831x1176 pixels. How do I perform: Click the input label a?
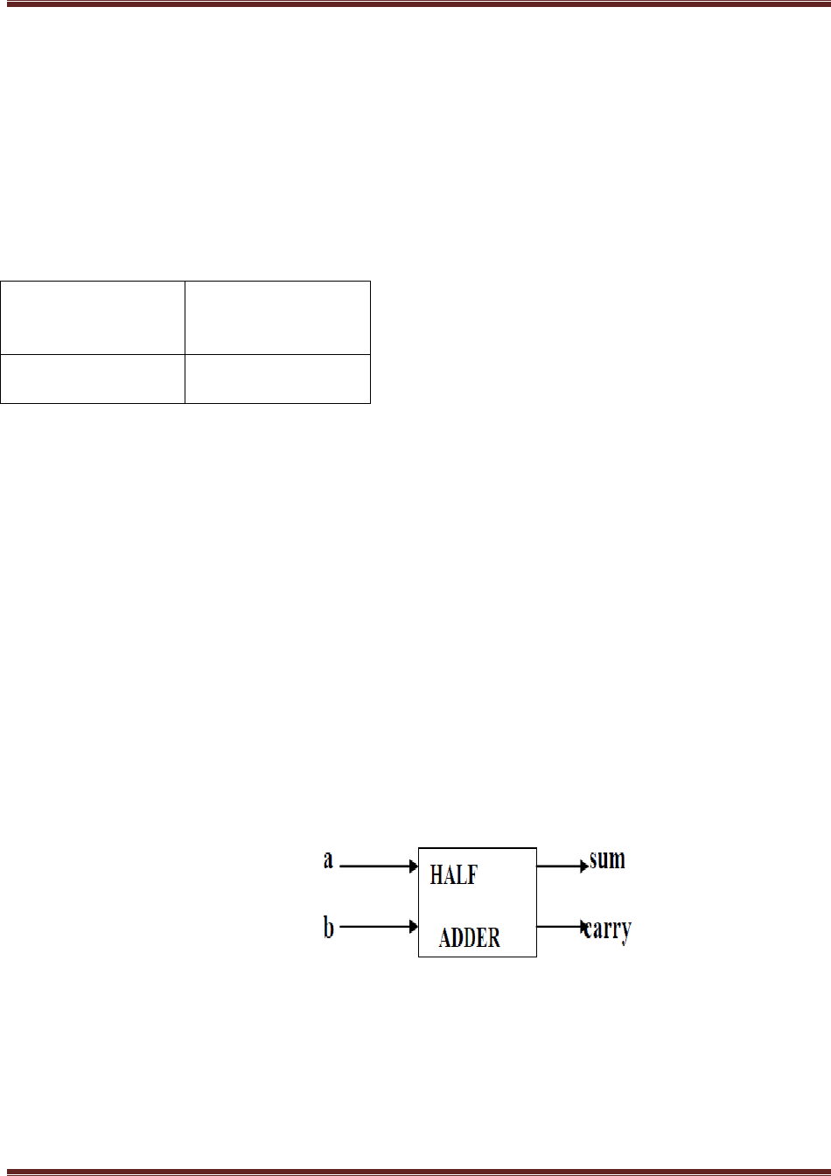pyautogui.click(x=328, y=860)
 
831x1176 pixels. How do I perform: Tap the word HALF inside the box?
pyautogui.click(x=453, y=874)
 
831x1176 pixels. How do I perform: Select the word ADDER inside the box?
pyautogui.click(x=470, y=938)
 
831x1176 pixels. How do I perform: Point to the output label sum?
pyautogui.click(x=607, y=859)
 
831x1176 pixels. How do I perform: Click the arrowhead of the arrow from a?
pyautogui.click(x=414, y=866)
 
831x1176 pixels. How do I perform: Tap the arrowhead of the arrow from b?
pyautogui.click(x=414, y=926)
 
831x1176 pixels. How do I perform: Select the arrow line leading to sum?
pyautogui.click(x=560, y=866)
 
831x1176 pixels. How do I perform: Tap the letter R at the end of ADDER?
pyautogui.click(x=493, y=938)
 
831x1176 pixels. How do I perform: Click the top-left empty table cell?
pyautogui.click(x=93, y=317)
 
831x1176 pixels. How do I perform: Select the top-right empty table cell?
pyautogui.click(x=277, y=317)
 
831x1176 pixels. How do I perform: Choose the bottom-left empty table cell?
pyautogui.click(x=93, y=379)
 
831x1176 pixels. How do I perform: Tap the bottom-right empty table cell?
pyautogui.click(x=277, y=379)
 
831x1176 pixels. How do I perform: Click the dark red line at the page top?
pyautogui.click(x=415, y=4)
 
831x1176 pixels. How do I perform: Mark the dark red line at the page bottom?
pyautogui.click(x=415, y=1171)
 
